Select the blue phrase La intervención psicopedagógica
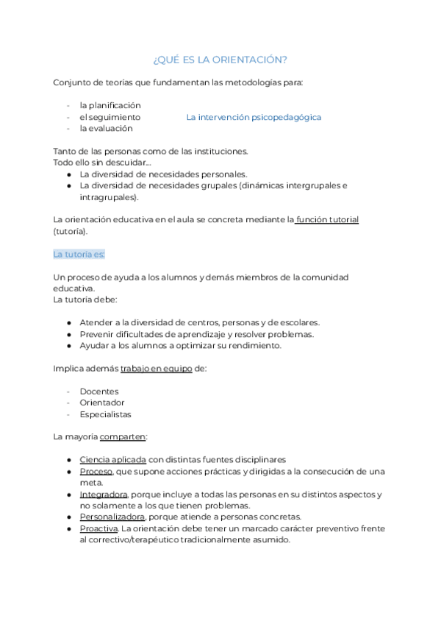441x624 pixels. coord(254,117)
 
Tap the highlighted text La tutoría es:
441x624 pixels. coord(79,254)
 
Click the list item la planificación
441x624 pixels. coord(110,105)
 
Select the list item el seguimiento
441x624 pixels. coord(110,117)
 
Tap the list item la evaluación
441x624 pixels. coord(107,128)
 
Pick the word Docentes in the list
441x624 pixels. coord(99,391)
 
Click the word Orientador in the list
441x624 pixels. coord(102,403)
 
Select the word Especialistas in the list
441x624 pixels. coord(105,414)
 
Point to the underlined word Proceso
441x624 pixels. coord(96,472)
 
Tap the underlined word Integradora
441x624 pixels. coord(104,494)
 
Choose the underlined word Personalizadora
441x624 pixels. coord(110,517)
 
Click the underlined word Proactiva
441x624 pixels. coord(98,528)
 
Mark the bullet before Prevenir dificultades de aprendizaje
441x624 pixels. coord(68,334)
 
